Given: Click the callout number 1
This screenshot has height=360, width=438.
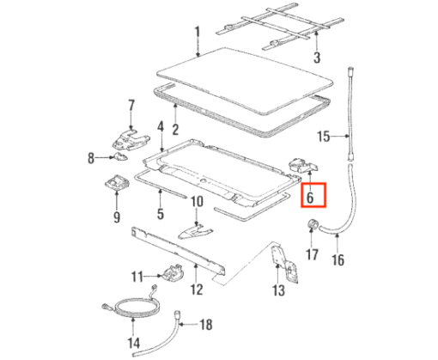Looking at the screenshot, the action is (x=198, y=35).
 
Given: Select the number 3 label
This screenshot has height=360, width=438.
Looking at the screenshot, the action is (x=317, y=58).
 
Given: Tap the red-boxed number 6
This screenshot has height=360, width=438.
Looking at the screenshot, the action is (x=310, y=198).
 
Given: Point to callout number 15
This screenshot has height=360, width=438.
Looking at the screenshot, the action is (x=324, y=137).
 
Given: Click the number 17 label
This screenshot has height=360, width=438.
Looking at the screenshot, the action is (x=312, y=254).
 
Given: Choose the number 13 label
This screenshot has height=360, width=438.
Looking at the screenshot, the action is (x=278, y=290).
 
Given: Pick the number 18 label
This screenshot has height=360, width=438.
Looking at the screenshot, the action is (x=206, y=325).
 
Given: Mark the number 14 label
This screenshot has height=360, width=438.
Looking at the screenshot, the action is (x=134, y=343).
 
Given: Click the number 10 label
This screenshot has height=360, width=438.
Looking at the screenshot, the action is (x=197, y=202).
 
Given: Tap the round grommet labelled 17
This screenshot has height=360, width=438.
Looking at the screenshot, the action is (x=313, y=223).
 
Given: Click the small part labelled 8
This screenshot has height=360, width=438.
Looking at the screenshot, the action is (x=120, y=156).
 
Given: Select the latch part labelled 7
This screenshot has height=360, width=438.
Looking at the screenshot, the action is (x=131, y=139).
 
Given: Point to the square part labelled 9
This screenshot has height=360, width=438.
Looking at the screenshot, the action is (x=117, y=182).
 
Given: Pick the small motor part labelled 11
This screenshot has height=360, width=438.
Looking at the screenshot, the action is (x=172, y=274).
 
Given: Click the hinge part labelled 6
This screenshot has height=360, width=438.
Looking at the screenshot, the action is (x=304, y=165).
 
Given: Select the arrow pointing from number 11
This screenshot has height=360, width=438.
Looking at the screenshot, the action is (x=154, y=276).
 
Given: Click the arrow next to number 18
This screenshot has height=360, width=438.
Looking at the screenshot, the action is (x=188, y=325).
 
